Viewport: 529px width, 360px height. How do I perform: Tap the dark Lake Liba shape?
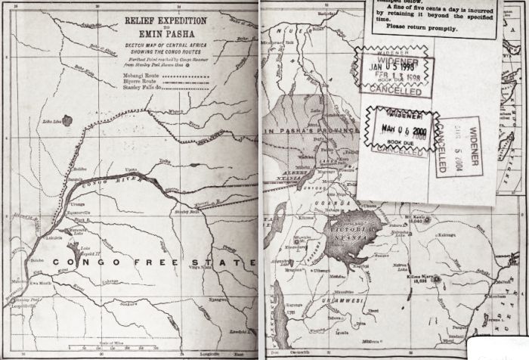[x=69, y=120]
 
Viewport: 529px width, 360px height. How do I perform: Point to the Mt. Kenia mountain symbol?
[x=428, y=220]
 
